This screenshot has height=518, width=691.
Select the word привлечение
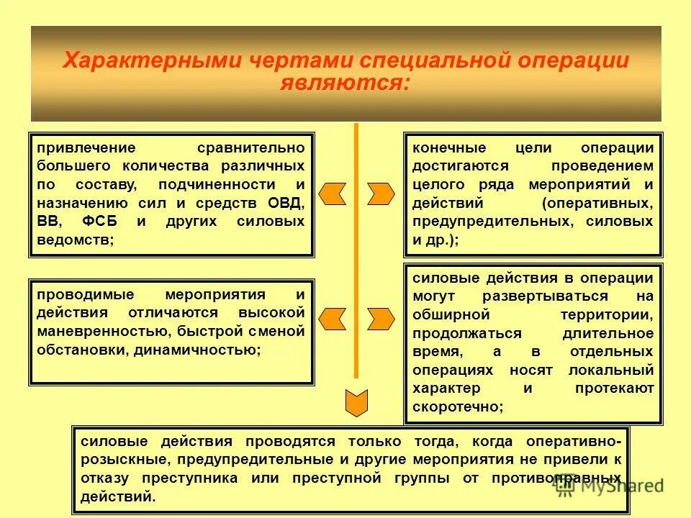86,147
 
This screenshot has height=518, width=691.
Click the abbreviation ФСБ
105,222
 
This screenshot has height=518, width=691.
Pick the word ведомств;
75,240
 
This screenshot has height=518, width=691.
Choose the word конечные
443,147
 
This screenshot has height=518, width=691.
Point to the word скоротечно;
458,406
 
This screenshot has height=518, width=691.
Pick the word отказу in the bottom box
106,478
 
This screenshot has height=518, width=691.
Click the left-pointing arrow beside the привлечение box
332,194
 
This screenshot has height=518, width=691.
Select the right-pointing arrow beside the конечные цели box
381,194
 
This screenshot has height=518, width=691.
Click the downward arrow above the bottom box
356,403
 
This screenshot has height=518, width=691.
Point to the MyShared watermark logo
608,486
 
